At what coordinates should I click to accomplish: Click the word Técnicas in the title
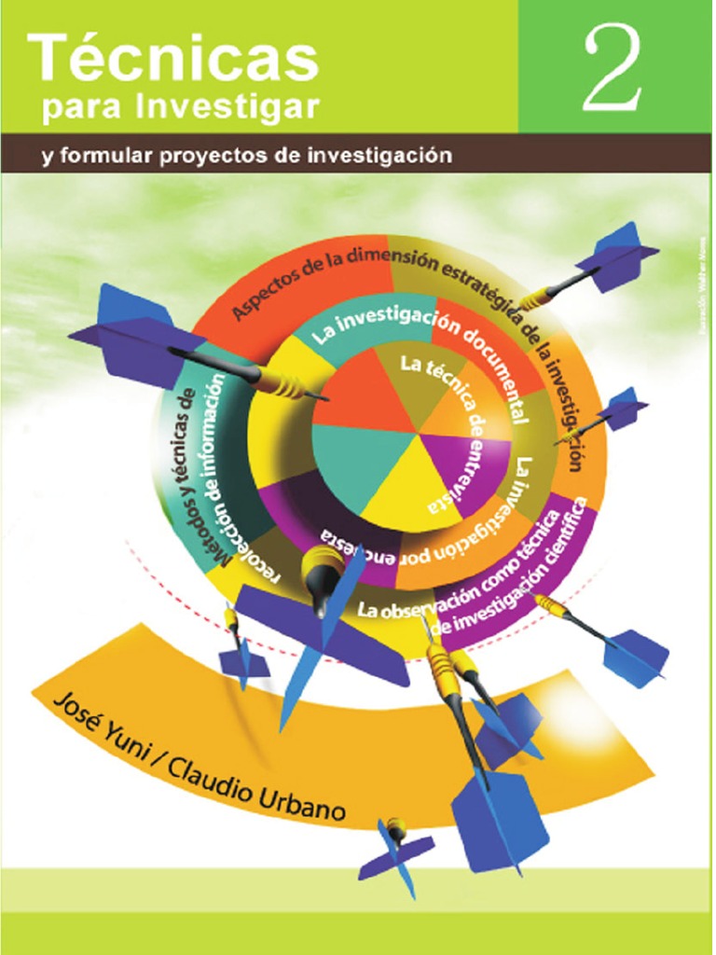[172, 58]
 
